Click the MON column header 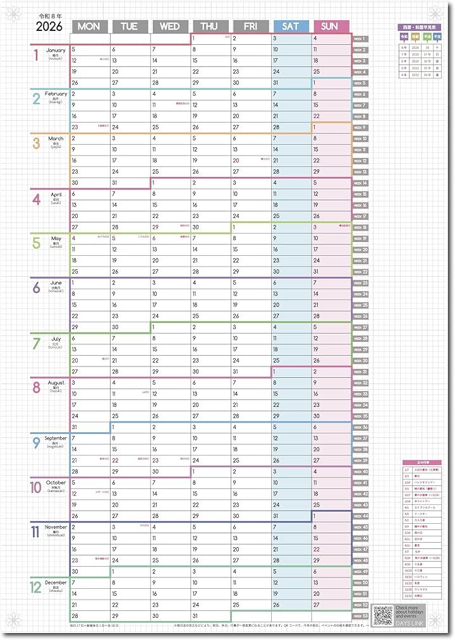pyautogui.click(x=92, y=26)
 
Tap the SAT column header pyautogui.click(x=291, y=26)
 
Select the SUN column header pyautogui.click(x=331, y=26)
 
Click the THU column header pyautogui.click(x=210, y=26)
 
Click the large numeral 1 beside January pyautogui.click(x=36, y=55)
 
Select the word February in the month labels pyautogui.click(x=56, y=94)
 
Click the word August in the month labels pyautogui.click(x=56, y=383)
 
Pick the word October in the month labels pyautogui.click(x=56, y=483)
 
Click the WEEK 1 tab pyautogui.click(x=360, y=39)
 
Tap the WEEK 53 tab pyautogui.click(x=360, y=615)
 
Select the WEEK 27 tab pyautogui.click(x=360, y=327)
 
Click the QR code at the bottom pyautogui.click(x=383, y=615)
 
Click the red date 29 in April pyautogui.click(x=155, y=227)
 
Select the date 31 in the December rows pyautogui.click(x=195, y=615)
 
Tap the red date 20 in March pyautogui.click(x=235, y=160)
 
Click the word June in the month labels pyautogui.click(x=56, y=282)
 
